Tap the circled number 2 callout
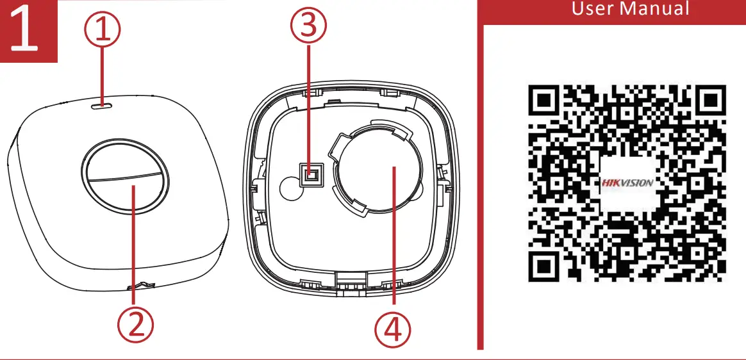coord(134,325)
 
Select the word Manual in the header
coord(658,9)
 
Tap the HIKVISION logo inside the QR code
coord(627,183)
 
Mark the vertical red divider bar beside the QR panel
coord(479,186)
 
